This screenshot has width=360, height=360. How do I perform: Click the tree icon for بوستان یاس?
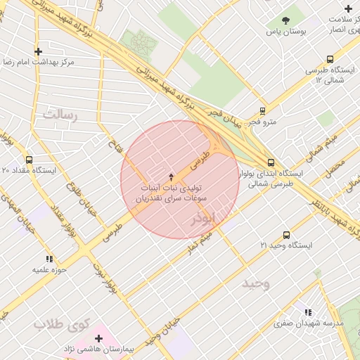285,20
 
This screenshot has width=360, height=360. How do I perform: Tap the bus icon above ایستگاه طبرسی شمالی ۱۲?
330,60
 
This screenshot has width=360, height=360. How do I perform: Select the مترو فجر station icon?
262,110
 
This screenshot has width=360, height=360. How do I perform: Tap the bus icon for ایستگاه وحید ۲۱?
285,234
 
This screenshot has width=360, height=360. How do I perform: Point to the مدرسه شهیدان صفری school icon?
308,312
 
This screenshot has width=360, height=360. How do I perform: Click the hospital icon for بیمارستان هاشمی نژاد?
98,338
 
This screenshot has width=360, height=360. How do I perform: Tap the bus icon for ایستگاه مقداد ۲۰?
29,160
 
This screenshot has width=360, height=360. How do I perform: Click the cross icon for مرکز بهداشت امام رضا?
39,51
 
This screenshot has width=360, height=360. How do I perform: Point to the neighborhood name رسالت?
59,113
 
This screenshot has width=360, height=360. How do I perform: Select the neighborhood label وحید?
255,283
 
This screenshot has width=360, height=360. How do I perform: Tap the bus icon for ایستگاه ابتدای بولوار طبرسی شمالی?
271,162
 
